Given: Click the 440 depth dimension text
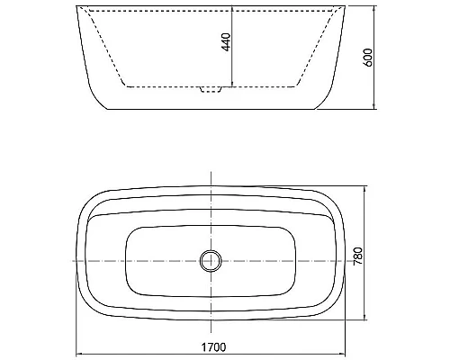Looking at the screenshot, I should tap(226, 41).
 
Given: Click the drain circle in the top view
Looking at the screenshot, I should tap(211, 261).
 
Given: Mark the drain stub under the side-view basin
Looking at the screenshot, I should tap(211, 90).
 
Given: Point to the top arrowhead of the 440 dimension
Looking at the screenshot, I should tap(232, 11).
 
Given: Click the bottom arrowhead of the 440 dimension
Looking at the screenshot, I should tap(232, 85).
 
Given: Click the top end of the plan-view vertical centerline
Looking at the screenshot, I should tap(211, 170).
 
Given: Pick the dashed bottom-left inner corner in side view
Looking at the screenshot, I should tap(124, 86).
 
